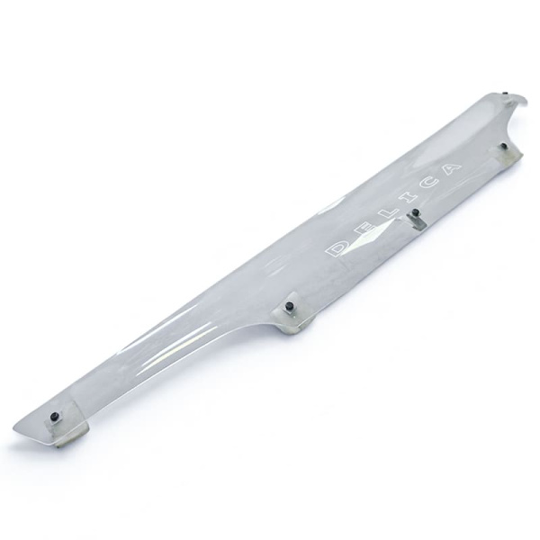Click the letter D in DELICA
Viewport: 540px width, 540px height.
[337, 248]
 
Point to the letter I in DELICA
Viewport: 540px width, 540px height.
[406, 201]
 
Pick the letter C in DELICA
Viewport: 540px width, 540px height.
[427, 186]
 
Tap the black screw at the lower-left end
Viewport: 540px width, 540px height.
[55, 416]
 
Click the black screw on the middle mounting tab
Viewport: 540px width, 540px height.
[289, 305]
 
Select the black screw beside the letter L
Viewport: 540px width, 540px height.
[416, 212]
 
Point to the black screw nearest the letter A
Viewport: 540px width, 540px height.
[504, 146]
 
